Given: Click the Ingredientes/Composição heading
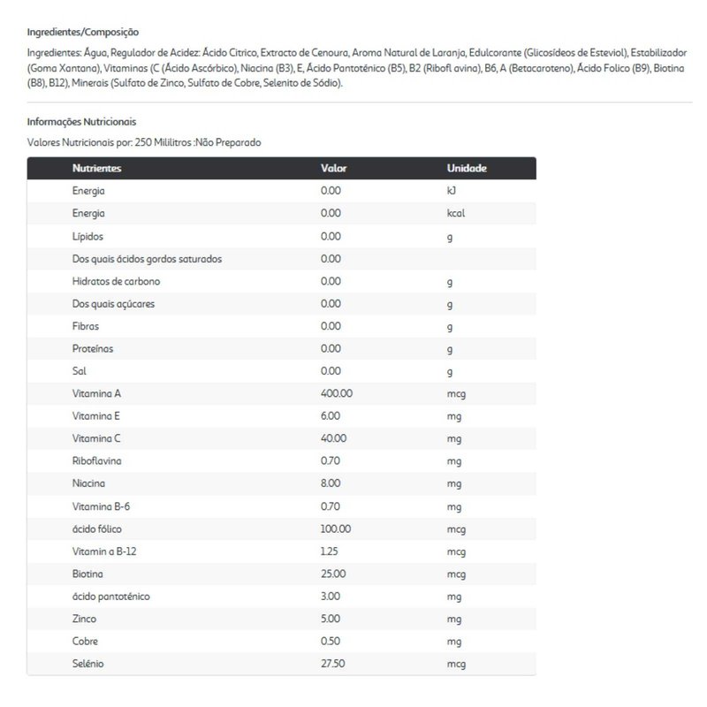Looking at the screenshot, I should (x=83, y=32).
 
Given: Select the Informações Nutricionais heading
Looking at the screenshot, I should (x=82, y=122).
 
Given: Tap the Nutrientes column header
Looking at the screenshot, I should (x=97, y=168).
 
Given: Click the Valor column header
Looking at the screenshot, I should (x=333, y=168).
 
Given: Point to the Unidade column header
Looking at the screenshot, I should (x=467, y=168).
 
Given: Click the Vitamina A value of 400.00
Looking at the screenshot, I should (x=337, y=393).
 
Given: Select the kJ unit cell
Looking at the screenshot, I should (x=452, y=191).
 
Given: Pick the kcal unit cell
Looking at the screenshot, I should (x=456, y=213).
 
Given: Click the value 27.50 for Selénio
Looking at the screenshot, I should (x=333, y=664).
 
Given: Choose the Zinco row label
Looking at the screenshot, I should (x=86, y=619).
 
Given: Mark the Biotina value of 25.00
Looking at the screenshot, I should (x=333, y=574).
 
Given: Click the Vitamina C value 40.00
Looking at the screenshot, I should (x=333, y=438).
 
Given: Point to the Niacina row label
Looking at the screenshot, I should (x=88, y=483).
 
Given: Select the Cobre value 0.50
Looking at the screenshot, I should (x=331, y=642).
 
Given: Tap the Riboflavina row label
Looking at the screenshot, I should (x=96, y=461).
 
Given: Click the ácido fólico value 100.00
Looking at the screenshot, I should (x=337, y=528).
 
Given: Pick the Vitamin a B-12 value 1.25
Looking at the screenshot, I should (x=328, y=551).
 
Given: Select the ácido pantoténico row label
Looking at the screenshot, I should (x=110, y=597).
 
